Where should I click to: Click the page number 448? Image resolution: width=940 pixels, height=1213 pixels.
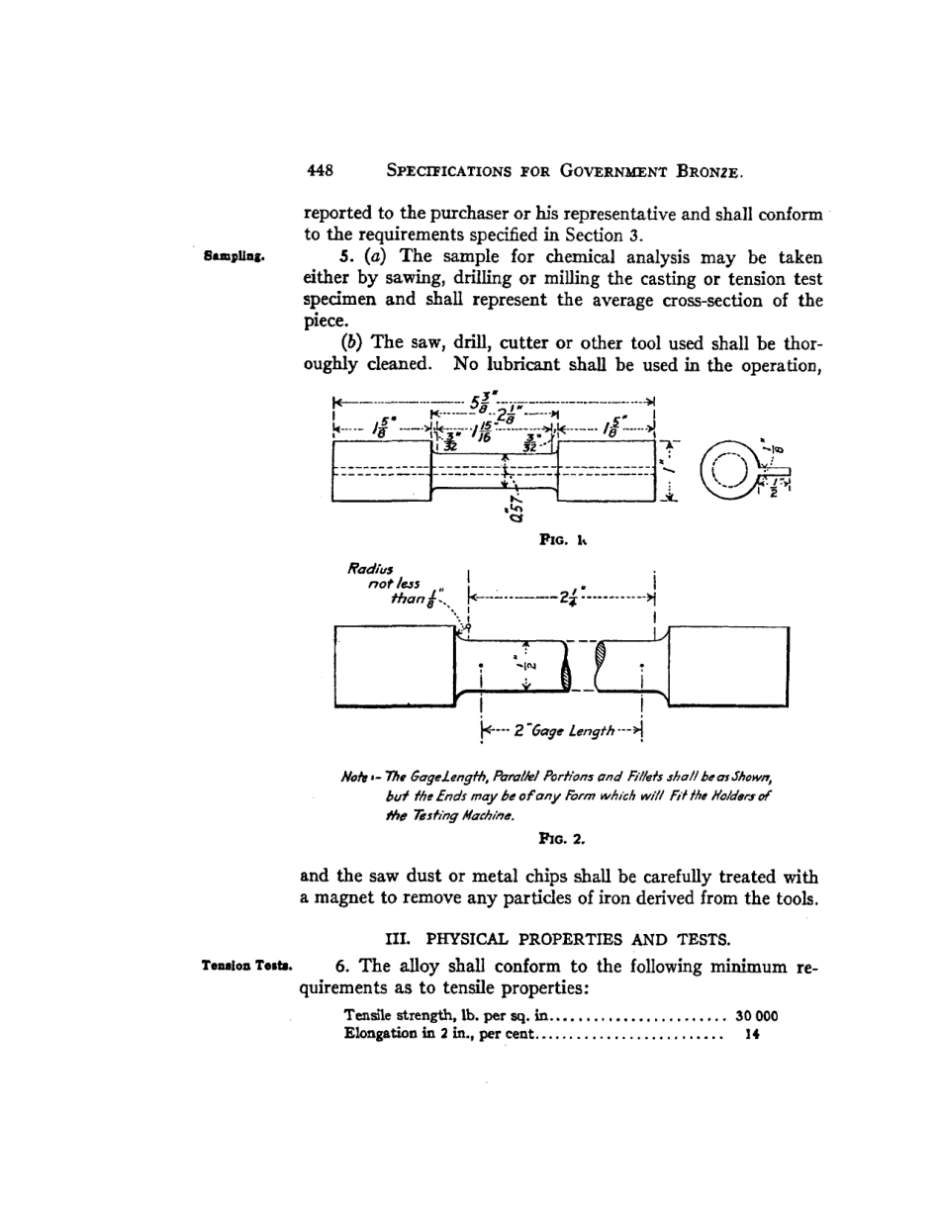click(x=319, y=170)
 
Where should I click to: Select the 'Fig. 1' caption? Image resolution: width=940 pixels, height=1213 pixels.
click(x=563, y=541)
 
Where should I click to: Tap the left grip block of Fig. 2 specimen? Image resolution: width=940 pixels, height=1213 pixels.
click(x=394, y=665)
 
